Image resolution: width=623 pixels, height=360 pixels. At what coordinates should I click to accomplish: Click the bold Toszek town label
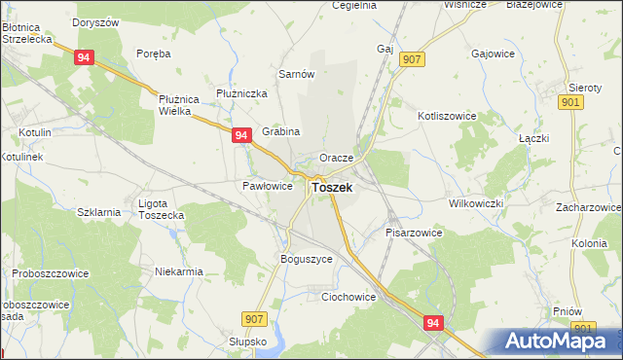331,187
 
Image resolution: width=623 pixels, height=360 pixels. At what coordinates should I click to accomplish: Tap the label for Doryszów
97,21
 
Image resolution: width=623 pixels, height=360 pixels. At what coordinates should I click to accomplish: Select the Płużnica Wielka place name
178,104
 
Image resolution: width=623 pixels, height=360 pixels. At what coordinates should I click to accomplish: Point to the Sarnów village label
296,74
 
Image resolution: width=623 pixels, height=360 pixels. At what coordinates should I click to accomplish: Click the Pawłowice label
267,186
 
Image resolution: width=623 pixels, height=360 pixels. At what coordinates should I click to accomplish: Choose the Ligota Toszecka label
161,208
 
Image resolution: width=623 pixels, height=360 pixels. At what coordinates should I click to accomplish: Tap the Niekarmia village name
178,271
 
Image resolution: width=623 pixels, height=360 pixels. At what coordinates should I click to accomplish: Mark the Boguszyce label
306,260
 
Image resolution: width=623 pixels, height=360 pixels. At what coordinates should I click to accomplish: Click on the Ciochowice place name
348,297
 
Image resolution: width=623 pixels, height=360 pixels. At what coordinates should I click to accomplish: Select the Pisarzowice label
414,234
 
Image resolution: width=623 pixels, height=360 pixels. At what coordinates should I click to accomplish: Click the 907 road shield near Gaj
411,60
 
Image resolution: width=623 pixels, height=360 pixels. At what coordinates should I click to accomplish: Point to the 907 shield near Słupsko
255,318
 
